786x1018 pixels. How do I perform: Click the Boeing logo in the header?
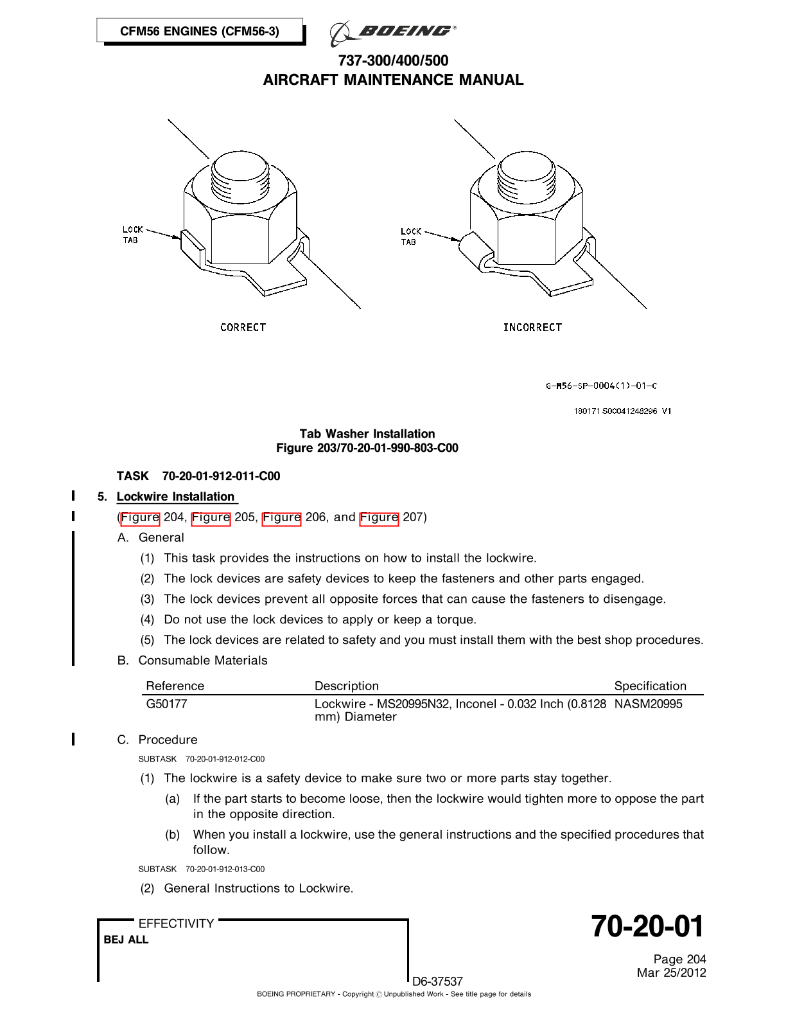pyautogui.click(x=393, y=32)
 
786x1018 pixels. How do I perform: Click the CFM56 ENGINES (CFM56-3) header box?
pyautogui.click(x=200, y=31)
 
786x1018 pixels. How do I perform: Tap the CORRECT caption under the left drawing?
pyautogui.click(x=243, y=327)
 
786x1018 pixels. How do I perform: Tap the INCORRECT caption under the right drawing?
pyautogui.click(x=532, y=327)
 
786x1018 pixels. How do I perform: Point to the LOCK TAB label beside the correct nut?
pyautogui.click(x=132, y=235)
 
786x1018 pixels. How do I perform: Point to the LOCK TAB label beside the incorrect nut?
pyautogui.click(x=410, y=237)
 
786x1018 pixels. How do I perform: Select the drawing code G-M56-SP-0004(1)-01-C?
pyautogui.click(x=601, y=386)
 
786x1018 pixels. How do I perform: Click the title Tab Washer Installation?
pyautogui.click(x=367, y=434)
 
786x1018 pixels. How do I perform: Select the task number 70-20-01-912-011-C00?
pyautogui.click(x=221, y=476)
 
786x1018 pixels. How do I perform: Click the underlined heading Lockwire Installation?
pyautogui.click(x=176, y=497)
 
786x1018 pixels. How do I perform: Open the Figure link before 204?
pyautogui.click(x=140, y=517)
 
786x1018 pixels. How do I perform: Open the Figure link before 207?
pyautogui.click(x=379, y=517)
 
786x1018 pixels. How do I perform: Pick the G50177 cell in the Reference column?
pyautogui.click(x=167, y=704)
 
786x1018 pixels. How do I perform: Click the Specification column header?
pyautogui.click(x=650, y=686)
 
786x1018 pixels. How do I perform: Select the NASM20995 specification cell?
pyautogui.click(x=648, y=704)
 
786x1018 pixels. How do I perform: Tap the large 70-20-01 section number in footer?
pyautogui.click(x=647, y=927)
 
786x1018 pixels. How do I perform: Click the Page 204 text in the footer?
pyautogui.click(x=679, y=960)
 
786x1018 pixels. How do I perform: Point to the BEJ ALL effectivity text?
pyautogui.click(x=127, y=940)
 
